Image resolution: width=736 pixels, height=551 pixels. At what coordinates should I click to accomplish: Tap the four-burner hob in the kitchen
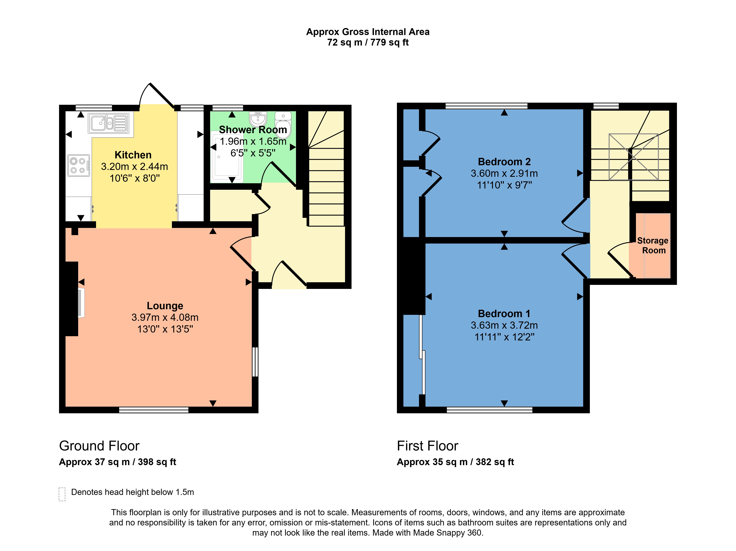tap(79, 165)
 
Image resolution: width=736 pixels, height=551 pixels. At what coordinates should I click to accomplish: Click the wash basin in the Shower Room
tap(258, 118)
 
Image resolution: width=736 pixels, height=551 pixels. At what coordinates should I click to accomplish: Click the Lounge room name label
tap(165, 305)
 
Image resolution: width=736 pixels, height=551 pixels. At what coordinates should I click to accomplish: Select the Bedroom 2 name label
tap(504, 162)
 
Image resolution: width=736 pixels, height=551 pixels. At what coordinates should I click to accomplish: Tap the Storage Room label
tap(653, 245)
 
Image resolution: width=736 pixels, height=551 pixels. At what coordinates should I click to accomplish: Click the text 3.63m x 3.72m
tap(504, 325)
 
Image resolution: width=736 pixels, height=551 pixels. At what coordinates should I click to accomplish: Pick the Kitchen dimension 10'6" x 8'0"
tap(135, 178)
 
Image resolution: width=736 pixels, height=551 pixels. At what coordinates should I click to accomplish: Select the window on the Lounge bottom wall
tap(154, 410)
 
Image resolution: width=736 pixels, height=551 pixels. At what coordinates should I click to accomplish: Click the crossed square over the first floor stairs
tap(633, 157)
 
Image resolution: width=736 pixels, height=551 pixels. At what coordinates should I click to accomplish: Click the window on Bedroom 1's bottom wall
tap(489, 410)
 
